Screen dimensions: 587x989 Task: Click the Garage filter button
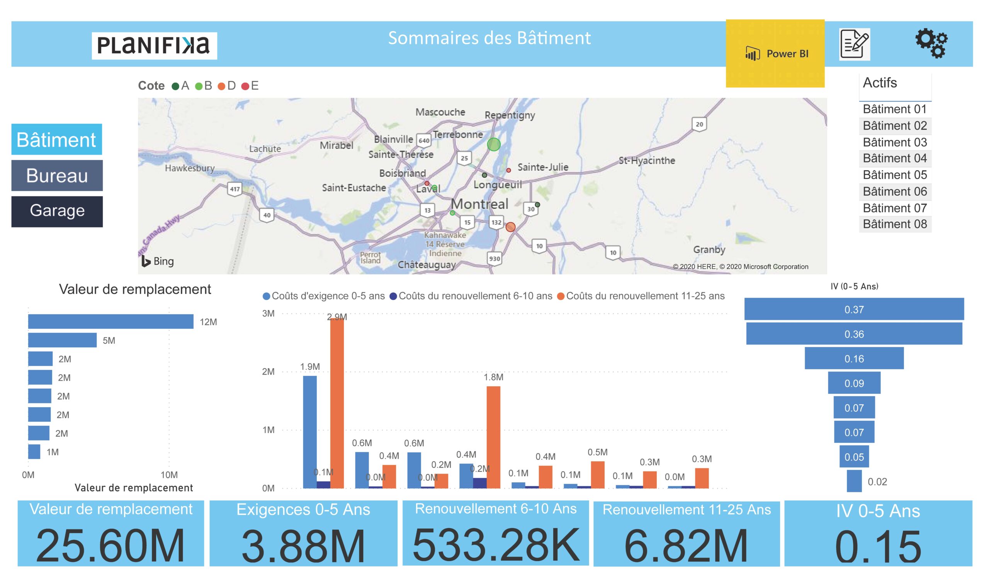point(57,211)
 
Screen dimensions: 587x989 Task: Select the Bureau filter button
point(57,175)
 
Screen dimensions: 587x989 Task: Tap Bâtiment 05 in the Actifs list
point(894,175)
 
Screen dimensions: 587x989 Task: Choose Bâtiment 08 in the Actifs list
point(894,224)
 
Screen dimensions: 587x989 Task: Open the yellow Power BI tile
point(775,53)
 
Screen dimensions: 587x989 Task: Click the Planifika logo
point(154,46)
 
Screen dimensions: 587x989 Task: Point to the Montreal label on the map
point(479,204)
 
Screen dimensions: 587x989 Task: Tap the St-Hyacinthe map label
point(646,160)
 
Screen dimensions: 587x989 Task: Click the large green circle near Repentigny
point(493,144)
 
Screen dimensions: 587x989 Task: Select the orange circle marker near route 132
point(510,227)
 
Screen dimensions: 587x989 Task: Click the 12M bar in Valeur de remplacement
point(110,322)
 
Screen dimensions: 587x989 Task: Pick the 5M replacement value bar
point(62,340)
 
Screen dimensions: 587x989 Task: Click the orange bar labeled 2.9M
point(336,403)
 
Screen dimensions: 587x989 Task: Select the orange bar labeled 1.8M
point(493,437)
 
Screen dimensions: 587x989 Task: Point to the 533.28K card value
point(496,545)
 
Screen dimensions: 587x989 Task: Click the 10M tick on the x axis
point(169,474)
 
